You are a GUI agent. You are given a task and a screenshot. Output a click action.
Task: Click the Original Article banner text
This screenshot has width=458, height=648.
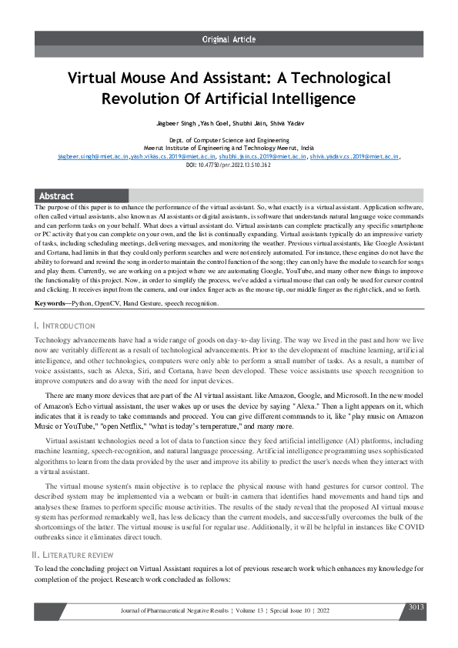[x=229, y=38]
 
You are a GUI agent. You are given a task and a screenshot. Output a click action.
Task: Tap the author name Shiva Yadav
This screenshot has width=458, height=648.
[x=285, y=122]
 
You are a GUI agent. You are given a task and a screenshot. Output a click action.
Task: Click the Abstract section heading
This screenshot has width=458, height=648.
[x=56, y=196]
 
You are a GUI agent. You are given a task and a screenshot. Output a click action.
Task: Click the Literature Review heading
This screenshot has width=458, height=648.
[x=73, y=555]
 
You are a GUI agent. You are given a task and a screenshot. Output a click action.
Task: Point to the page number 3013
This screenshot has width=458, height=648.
[x=416, y=607]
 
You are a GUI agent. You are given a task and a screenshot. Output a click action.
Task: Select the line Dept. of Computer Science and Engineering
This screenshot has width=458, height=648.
[x=229, y=141]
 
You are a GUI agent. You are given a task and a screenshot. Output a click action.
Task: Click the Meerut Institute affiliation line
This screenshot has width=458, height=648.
[x=229, y=148]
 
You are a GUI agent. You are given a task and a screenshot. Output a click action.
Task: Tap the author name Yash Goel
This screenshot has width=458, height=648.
[x=212, y=122]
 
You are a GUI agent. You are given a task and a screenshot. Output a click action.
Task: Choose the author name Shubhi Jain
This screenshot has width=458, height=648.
[x=248, y=122]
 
